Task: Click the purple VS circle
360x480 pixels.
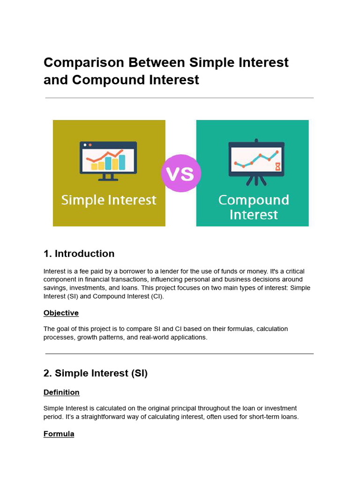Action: [x=180, y=173]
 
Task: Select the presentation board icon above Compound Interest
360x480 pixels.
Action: [x=256, y=161]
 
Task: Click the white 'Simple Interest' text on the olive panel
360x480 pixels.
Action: [x=109, y=200]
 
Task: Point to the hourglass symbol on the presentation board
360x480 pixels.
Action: [x=277, y=166]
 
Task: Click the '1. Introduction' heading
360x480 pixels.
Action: [x=79, y=254]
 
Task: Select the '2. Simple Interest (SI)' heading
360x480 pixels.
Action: [x=95, y=373]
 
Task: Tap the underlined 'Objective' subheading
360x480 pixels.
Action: [x=61, y=313]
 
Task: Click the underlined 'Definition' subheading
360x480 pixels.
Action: [x=61, y=392]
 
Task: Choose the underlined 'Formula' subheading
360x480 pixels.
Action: [x=59, y=434]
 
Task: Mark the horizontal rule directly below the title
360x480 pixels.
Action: [x=180, y=98]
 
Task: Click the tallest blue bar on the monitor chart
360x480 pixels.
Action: [x=122, y=162]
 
